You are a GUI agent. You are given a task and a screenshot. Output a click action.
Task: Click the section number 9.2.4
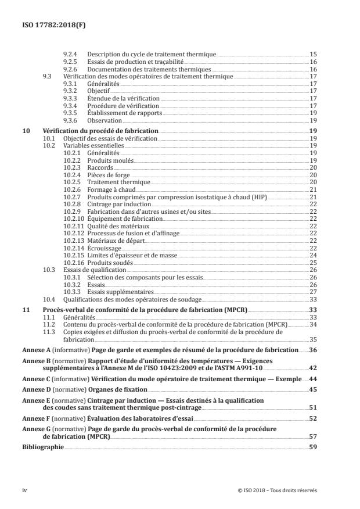(x=69, y=54)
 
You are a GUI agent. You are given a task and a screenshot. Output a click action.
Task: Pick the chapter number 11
(x=26, y=311)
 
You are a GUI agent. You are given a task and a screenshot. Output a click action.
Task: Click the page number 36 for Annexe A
(x=312, y=350)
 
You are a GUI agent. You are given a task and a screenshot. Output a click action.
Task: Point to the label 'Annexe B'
(x=34, y=361)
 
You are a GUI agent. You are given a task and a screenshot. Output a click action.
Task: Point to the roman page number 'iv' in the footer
(x=24, y=490)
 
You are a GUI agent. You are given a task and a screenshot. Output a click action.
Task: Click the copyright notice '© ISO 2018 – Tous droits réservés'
(x=277, y=490)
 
